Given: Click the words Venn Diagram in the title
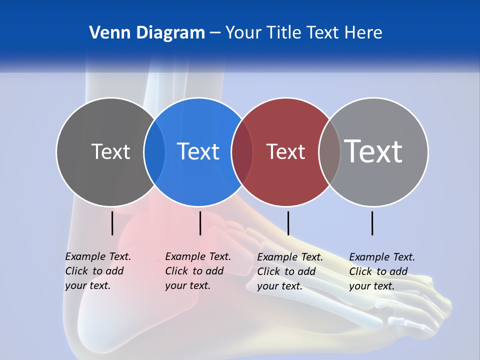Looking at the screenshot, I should (147, 33).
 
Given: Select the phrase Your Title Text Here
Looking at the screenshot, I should (303, 33).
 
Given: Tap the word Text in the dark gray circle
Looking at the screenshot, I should (110, 151).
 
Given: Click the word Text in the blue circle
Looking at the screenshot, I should (198, 151).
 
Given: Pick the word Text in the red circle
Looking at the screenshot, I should (285, 151).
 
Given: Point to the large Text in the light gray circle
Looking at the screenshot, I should (373, 151).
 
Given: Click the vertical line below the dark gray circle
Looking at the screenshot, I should (112, 223).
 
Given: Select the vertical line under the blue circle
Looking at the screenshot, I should (200, 223).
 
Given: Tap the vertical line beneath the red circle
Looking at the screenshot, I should (288, 223).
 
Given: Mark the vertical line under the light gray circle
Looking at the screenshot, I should (372, 223).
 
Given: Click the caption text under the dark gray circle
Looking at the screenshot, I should (98, 271).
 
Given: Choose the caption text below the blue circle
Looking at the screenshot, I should (198, 271).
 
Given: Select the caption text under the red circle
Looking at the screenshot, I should (290, 271).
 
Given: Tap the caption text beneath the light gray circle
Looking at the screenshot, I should (382, 271).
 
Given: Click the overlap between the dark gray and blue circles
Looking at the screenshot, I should (154, 151).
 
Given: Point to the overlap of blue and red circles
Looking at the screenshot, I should (242, 151).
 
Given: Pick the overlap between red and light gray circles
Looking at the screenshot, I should (329, 151).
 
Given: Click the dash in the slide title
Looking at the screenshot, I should (215, 33).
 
